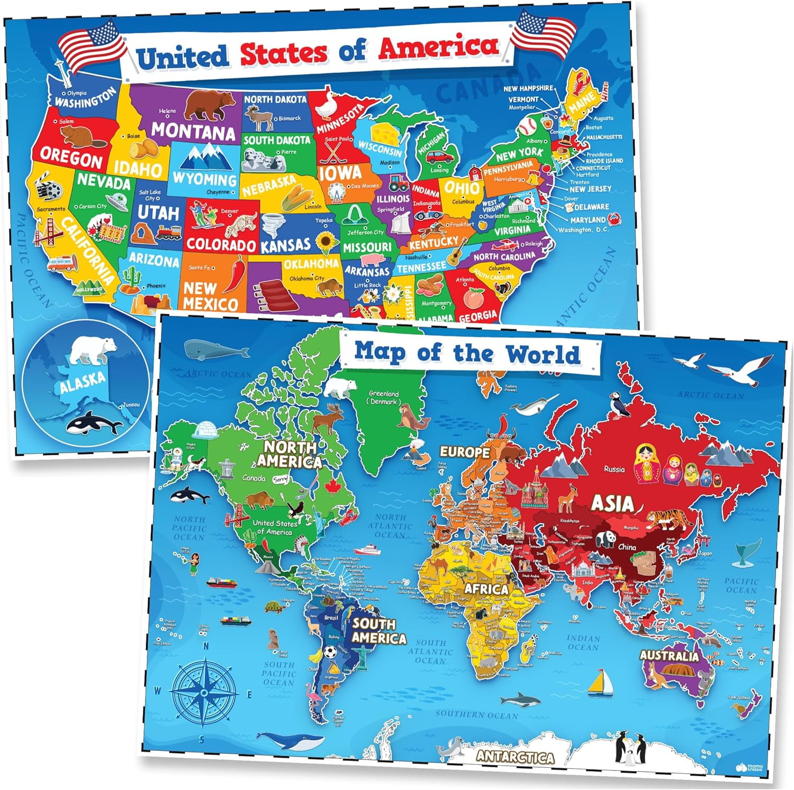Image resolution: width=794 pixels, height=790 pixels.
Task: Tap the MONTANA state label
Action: tap(193, 130)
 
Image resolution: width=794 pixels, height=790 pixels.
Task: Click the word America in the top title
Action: tap(438, 48)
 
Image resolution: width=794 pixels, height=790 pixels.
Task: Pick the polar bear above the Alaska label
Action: tap(93, 350)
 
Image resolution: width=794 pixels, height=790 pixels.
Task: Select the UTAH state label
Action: tap(158, 213)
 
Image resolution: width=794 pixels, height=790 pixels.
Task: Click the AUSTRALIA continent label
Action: tap(669, 656)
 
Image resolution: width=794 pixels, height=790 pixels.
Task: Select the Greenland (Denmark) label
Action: tap(384, 398)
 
